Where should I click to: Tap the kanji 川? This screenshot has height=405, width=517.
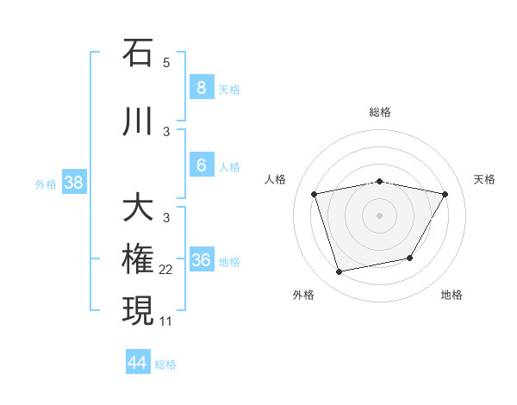pos(138,121)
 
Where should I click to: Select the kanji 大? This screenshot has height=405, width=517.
pos(138,208)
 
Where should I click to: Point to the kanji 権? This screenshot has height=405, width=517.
pos(138,259)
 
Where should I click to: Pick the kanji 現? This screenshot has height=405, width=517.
pos(138,310)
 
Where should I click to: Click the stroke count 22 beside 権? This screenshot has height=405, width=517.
pos(166,270)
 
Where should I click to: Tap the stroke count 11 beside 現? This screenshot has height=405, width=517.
pos(166,321)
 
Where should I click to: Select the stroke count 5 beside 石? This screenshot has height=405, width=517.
pos(166,63)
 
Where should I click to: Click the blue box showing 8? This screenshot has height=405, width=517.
pos(201,87)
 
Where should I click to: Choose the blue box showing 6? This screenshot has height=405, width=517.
pos(201,165)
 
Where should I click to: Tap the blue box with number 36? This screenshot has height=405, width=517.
pos(201,259)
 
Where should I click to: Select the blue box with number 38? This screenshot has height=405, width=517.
pos(73,182)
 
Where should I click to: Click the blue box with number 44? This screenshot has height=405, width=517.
pos(138,363)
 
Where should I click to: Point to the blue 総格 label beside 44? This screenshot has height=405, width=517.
pos(165,364)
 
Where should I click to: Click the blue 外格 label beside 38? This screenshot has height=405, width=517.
pos(46,184)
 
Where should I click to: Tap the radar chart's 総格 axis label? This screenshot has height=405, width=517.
pos(379,112)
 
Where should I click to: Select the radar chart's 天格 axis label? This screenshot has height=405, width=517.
pos(484,179)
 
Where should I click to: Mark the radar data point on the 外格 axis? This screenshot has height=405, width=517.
pos(339,272)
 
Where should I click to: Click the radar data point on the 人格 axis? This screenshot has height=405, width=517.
pos(315,195)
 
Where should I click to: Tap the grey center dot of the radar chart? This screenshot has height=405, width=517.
pos(379,215)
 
